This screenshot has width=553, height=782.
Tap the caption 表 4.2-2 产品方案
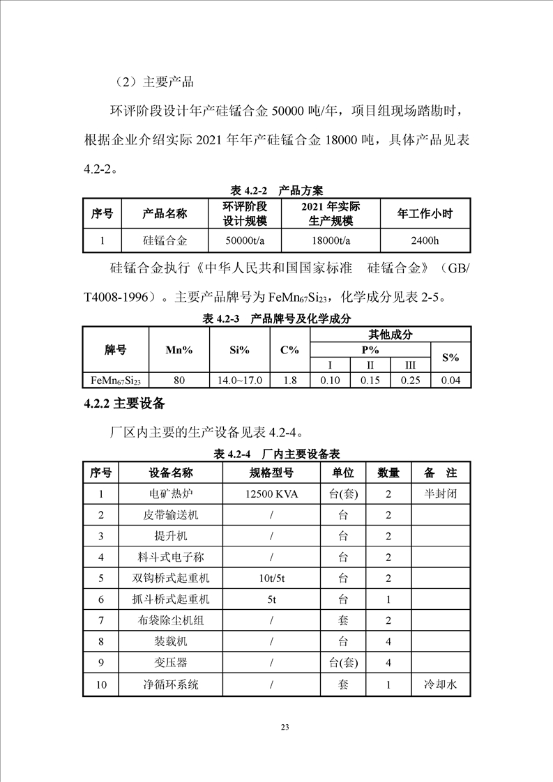(x=277, y=190)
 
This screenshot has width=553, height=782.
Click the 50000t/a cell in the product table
(x=245, y=240)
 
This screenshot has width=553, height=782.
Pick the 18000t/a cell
(x=331, y=240)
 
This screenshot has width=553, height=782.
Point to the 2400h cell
(x=425, y=240)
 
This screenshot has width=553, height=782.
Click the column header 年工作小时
(x=425, y=214)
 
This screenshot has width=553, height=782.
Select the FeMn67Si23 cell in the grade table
(x=116, y=381)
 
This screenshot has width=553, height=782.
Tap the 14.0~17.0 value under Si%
(x=239, y=381)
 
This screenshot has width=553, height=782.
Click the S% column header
(x=451, y=358)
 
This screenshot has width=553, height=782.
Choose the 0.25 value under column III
(x=410, y=381)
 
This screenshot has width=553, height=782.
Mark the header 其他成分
(x=391, y=335)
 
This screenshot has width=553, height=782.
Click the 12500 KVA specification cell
(x=271, y=494)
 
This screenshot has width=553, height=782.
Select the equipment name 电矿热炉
(x=170, y=494)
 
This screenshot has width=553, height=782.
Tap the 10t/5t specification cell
(x=271, y=578)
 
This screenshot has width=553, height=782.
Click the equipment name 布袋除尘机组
(x=170, y=620)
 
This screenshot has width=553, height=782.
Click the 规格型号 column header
(x=271, y=473)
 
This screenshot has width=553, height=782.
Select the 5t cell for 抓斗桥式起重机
(x=271, y=599)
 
